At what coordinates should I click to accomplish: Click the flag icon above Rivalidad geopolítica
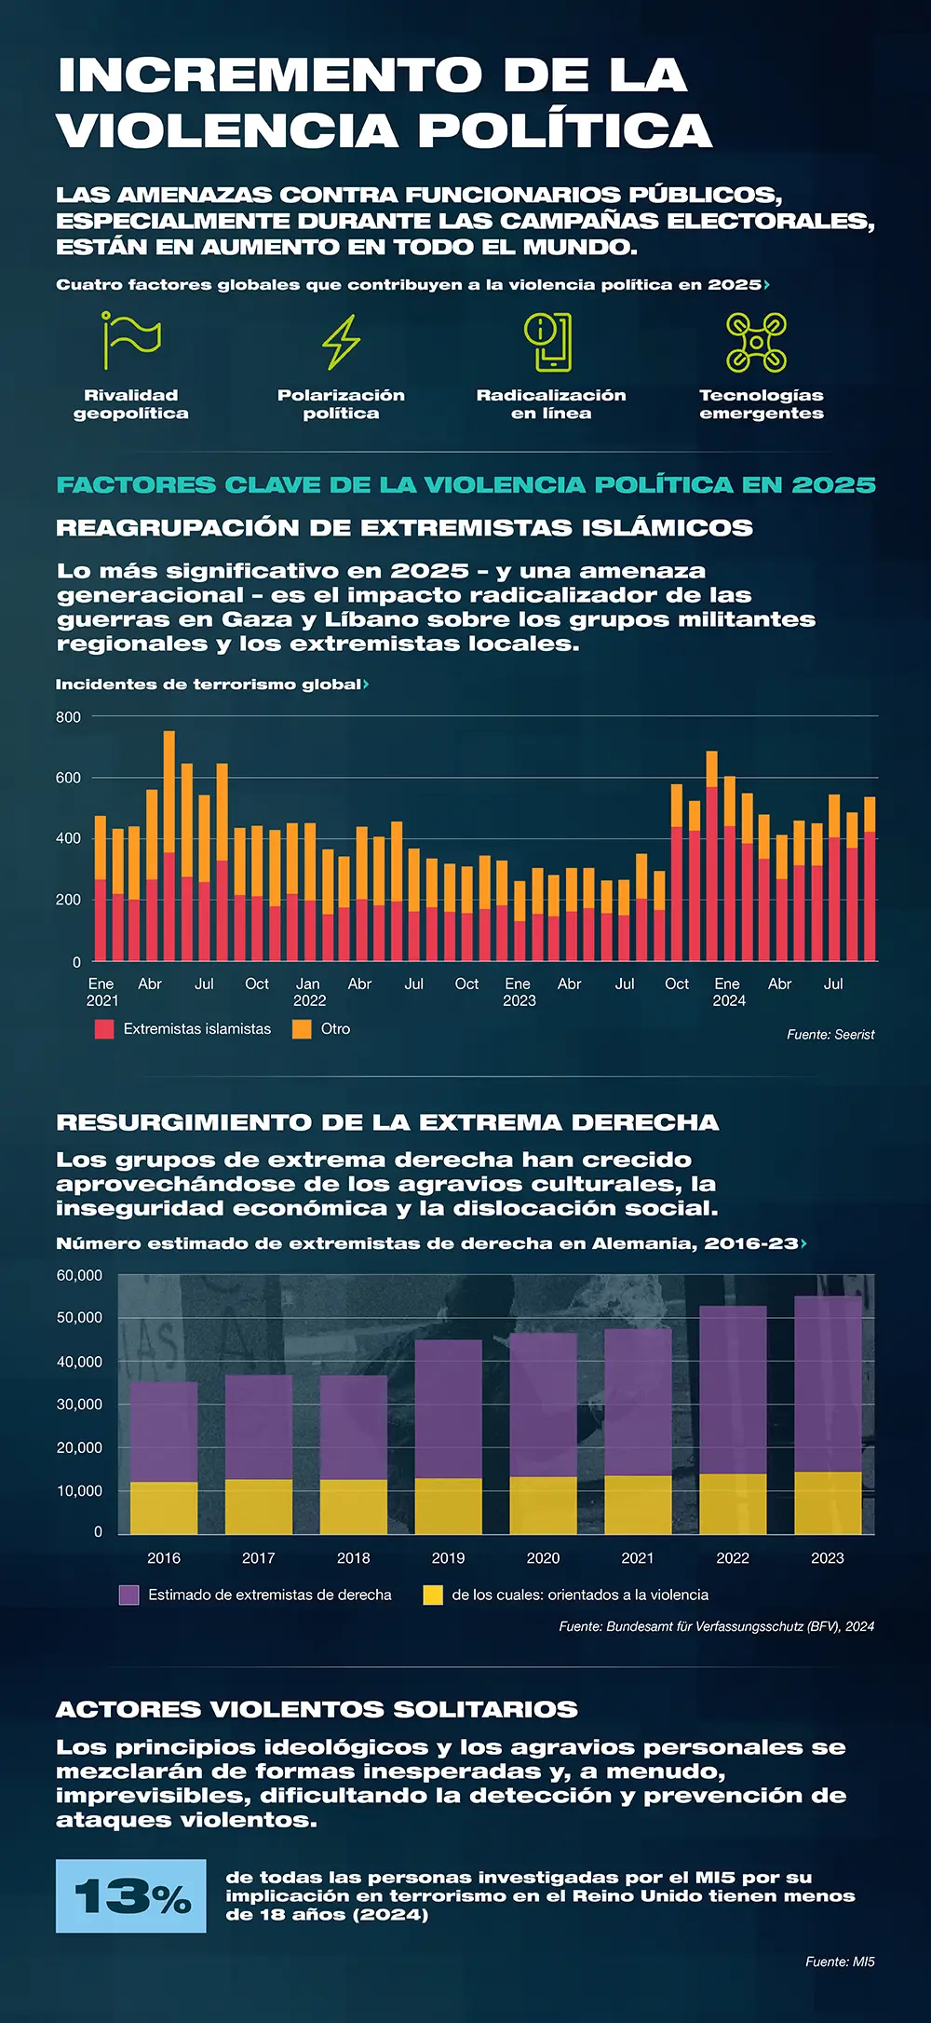tap(131, 341)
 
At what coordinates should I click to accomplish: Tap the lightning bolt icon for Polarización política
tap(341, 342)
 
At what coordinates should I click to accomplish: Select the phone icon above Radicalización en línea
tap(549, 342)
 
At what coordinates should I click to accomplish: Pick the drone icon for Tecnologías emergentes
tap(756, 342)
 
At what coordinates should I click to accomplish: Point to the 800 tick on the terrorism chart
tap(69, 717)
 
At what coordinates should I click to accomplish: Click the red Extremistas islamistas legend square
tap(104, 1029)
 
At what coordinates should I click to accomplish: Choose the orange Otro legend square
tap(302, 1029)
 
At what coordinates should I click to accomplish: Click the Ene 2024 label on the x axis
tap(728, 992)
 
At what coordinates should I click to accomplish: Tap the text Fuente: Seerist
tap(830, 1034)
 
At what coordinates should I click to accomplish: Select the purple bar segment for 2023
tap(828, 1383)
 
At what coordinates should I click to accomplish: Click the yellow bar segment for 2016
tap(164, 1508)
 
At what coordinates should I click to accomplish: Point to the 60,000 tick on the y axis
tap(80, 1275)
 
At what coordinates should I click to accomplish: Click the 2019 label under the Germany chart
tap(448, 1557)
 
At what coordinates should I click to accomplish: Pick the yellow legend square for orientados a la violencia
tap(433, 1595)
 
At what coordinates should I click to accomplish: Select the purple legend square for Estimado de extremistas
tap(129, 1595)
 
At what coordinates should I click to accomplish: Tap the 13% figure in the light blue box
tap(131, 1896)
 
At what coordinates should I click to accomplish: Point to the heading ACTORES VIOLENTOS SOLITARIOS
tap(317, 1709)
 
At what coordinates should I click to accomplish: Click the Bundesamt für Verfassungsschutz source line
tap(716, 1626)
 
